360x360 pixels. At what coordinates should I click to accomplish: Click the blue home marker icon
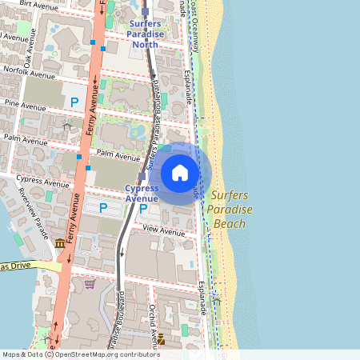coord(180,173)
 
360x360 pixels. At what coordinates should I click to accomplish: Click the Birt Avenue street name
coord(38,5)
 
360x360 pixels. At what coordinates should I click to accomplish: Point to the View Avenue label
coord(163,230)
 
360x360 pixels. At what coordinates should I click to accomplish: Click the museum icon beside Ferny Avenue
coord(60,243)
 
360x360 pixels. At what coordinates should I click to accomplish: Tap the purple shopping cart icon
coord(90,283)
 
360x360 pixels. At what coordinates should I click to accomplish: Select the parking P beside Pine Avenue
coord(74,102)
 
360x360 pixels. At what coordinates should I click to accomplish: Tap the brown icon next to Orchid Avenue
coord(160,338)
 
